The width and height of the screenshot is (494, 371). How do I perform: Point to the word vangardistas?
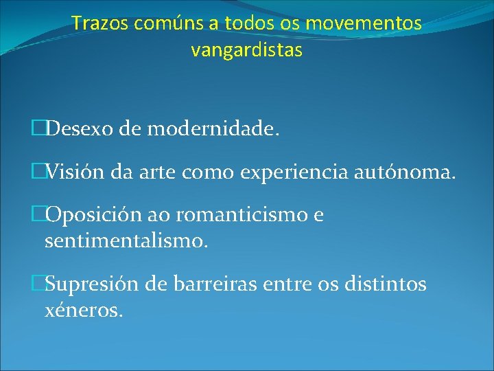point(247,50)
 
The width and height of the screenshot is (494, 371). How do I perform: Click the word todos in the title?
point(244,23)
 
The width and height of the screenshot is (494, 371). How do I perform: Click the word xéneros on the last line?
point(84,309)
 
